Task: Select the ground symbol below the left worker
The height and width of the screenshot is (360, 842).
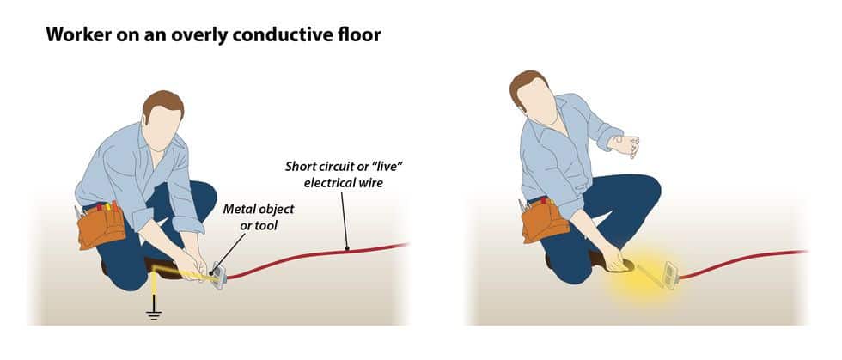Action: [154, 314]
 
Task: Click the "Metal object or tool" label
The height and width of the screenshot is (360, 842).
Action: [259, 217]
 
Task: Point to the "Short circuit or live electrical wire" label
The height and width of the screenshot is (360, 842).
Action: [344, 174]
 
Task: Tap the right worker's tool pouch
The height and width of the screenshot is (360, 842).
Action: [544, 219]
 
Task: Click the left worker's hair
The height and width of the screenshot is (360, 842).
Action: [162, 106]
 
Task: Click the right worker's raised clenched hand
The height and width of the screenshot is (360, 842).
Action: [626, 145]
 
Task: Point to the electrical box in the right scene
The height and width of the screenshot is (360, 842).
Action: [671, 275]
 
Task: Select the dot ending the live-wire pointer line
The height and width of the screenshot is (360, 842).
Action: [347, 249]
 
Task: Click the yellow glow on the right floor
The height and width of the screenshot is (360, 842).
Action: [639, 273]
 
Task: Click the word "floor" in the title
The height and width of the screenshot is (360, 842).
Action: [362, 35]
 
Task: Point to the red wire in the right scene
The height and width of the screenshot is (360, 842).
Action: [744, 263]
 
